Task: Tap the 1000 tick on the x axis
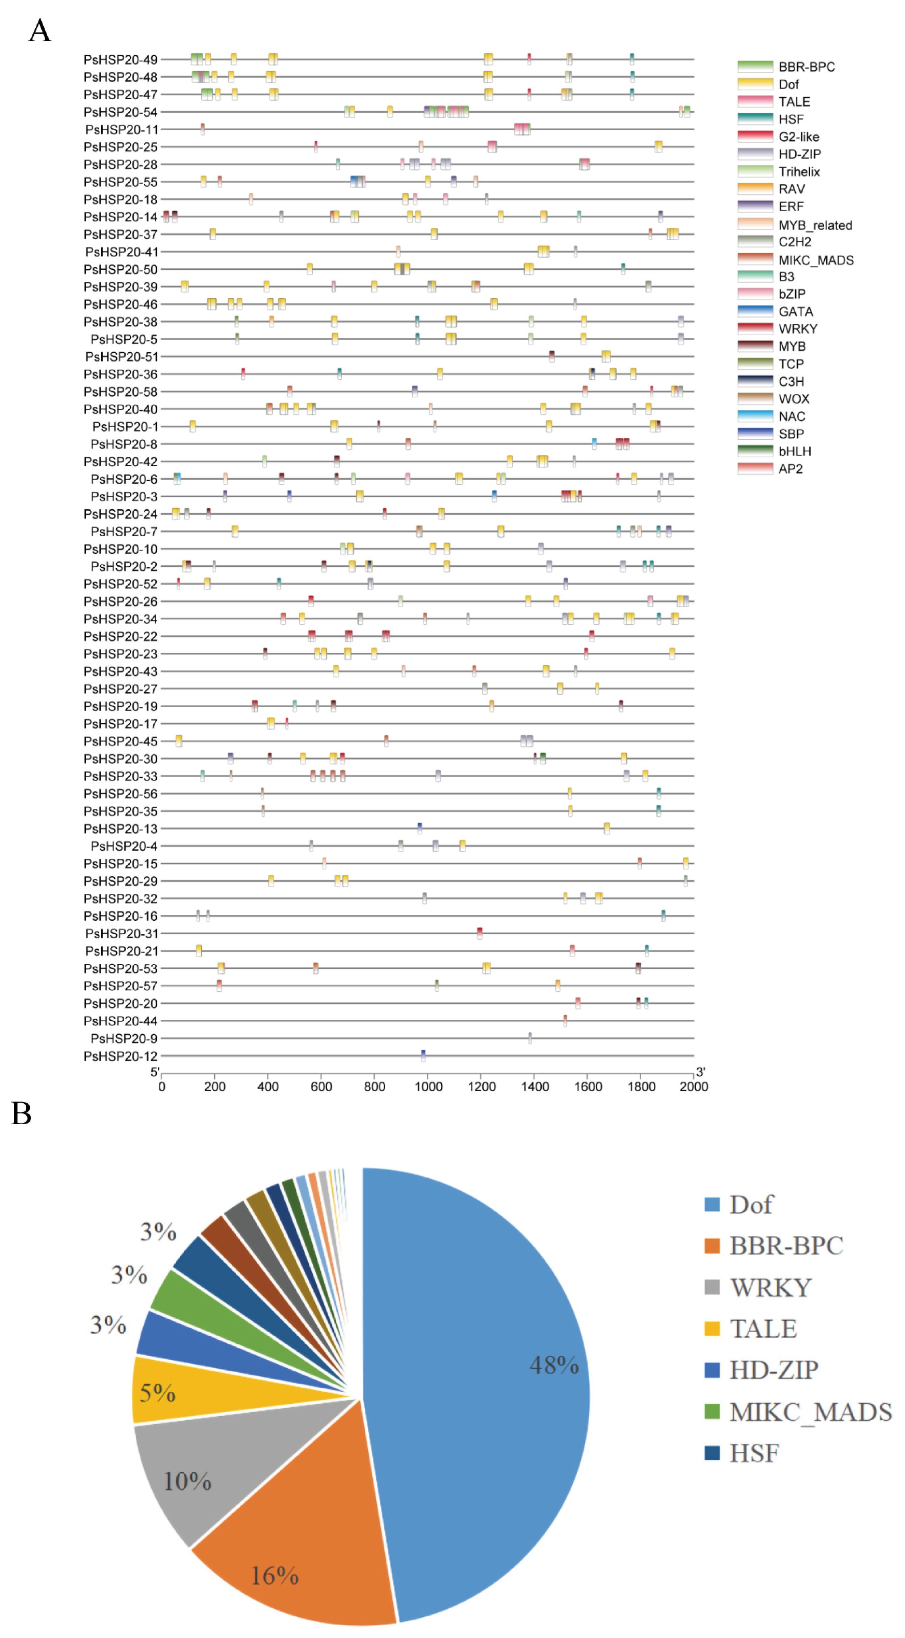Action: point(428,1086)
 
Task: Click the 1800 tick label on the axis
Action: point(641,1086)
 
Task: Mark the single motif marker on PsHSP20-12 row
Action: point(423,1055)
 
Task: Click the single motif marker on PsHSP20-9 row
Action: point(530,1038)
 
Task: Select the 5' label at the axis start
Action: point(155,1072)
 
